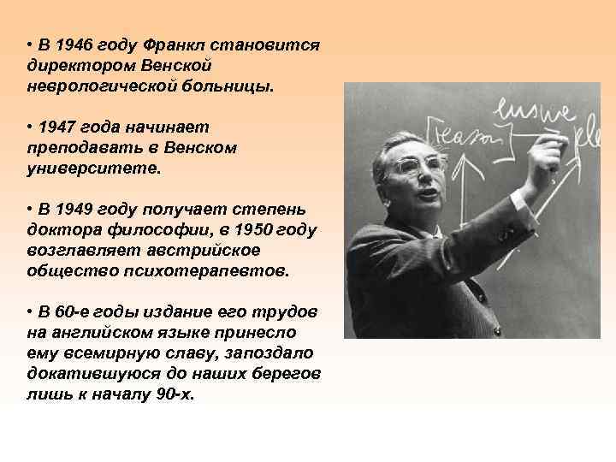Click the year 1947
coord(57,127)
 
